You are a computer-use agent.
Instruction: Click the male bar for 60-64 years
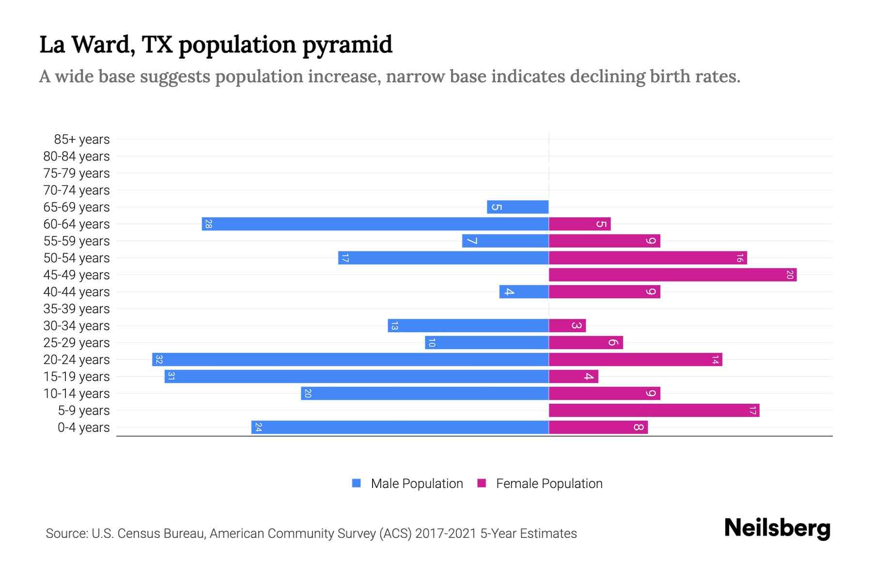tap(375, 224)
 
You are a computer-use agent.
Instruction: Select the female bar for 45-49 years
tap(672, 275)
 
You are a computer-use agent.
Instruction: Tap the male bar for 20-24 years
tap(350, 360)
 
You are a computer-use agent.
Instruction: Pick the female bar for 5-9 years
tap(654, 411)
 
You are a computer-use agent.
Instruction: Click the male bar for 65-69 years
tap(518, 207)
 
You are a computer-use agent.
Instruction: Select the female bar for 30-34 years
tap(567, 326)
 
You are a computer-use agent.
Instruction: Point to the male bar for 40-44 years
tap(524, 292)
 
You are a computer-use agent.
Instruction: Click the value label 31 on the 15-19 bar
tap(171, 377)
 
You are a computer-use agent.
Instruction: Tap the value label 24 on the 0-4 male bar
tap(258, 428)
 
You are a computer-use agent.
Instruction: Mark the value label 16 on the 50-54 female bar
tap(739, 258)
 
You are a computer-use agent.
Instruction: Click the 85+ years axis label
tap(81, 139)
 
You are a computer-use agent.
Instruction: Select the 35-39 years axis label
tap(77, 309)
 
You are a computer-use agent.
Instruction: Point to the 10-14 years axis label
tap(77, 394)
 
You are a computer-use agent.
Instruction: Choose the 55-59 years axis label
tap(77, 241)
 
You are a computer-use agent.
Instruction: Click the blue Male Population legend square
tap(357, 483)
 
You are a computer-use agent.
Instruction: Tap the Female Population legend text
tap(549, 484)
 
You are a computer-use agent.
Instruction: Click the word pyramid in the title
tap(347, 45)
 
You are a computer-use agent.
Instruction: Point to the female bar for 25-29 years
tap(586, 343)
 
